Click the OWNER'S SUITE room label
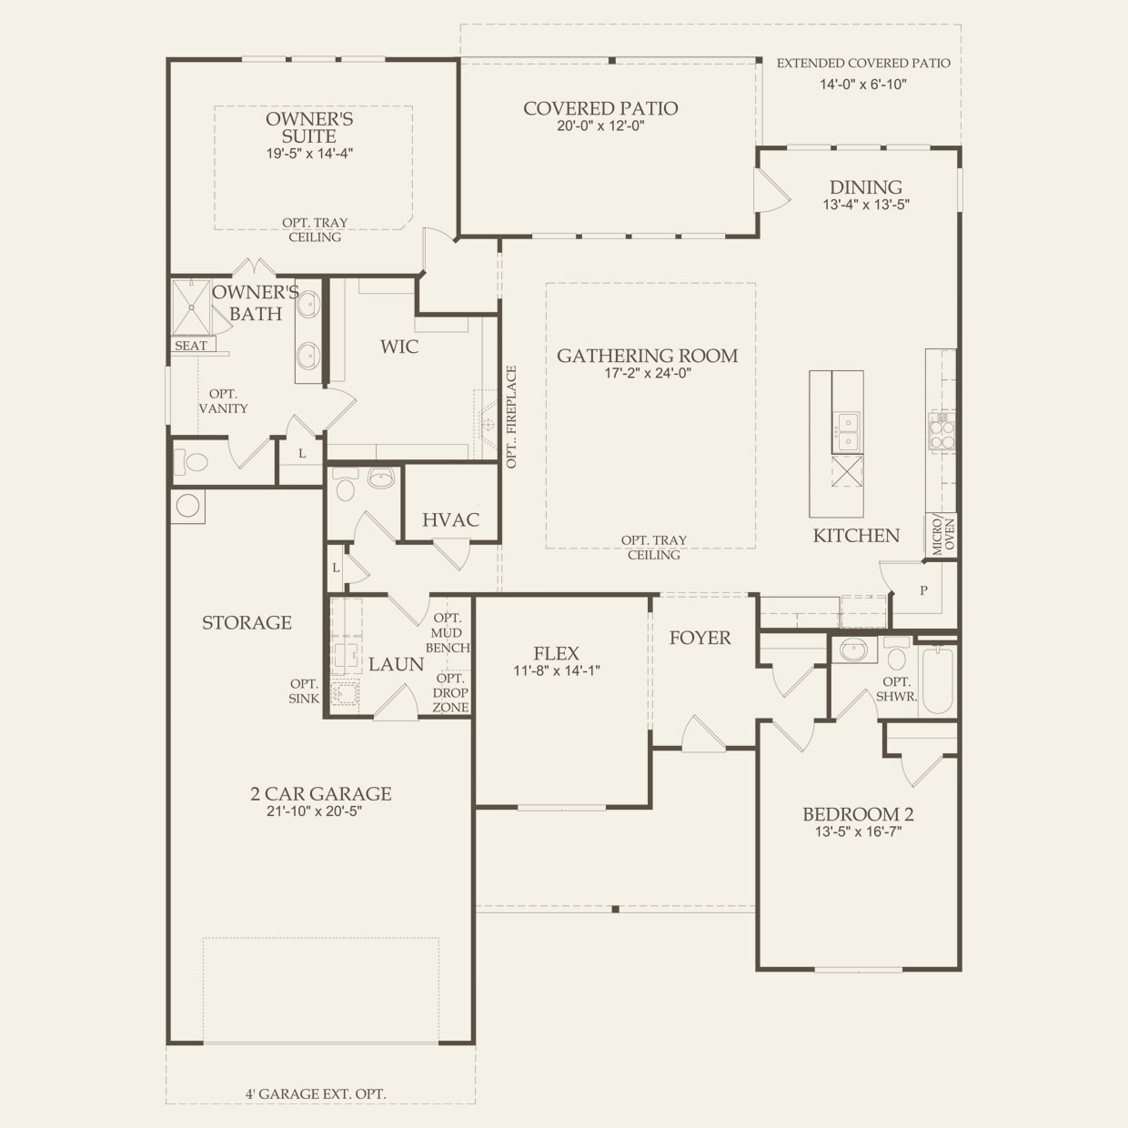pos(309,127)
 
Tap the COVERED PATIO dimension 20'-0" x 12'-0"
pos(600,126)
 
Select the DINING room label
pos(865,188)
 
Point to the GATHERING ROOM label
pos(647,356)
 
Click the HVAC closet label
pos(450,519)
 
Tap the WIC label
pos(399,347)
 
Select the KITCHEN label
pos(856,535)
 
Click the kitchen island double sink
pos(846,431)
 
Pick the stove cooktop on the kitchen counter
pos(942,430)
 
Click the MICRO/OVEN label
pos(942,537)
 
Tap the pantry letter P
pos(923,590)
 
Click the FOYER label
pos(700,638)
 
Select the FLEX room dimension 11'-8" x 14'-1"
pos(556,670)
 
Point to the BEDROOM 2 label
pos(858,814)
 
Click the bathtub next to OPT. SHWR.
pos(936,680)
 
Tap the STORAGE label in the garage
pos(247,622)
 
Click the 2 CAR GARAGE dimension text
pos(315,811)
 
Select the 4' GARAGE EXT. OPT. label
pos(316,1093)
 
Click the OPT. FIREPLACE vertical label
pos(511,417)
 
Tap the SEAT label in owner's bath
pos(190,346)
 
